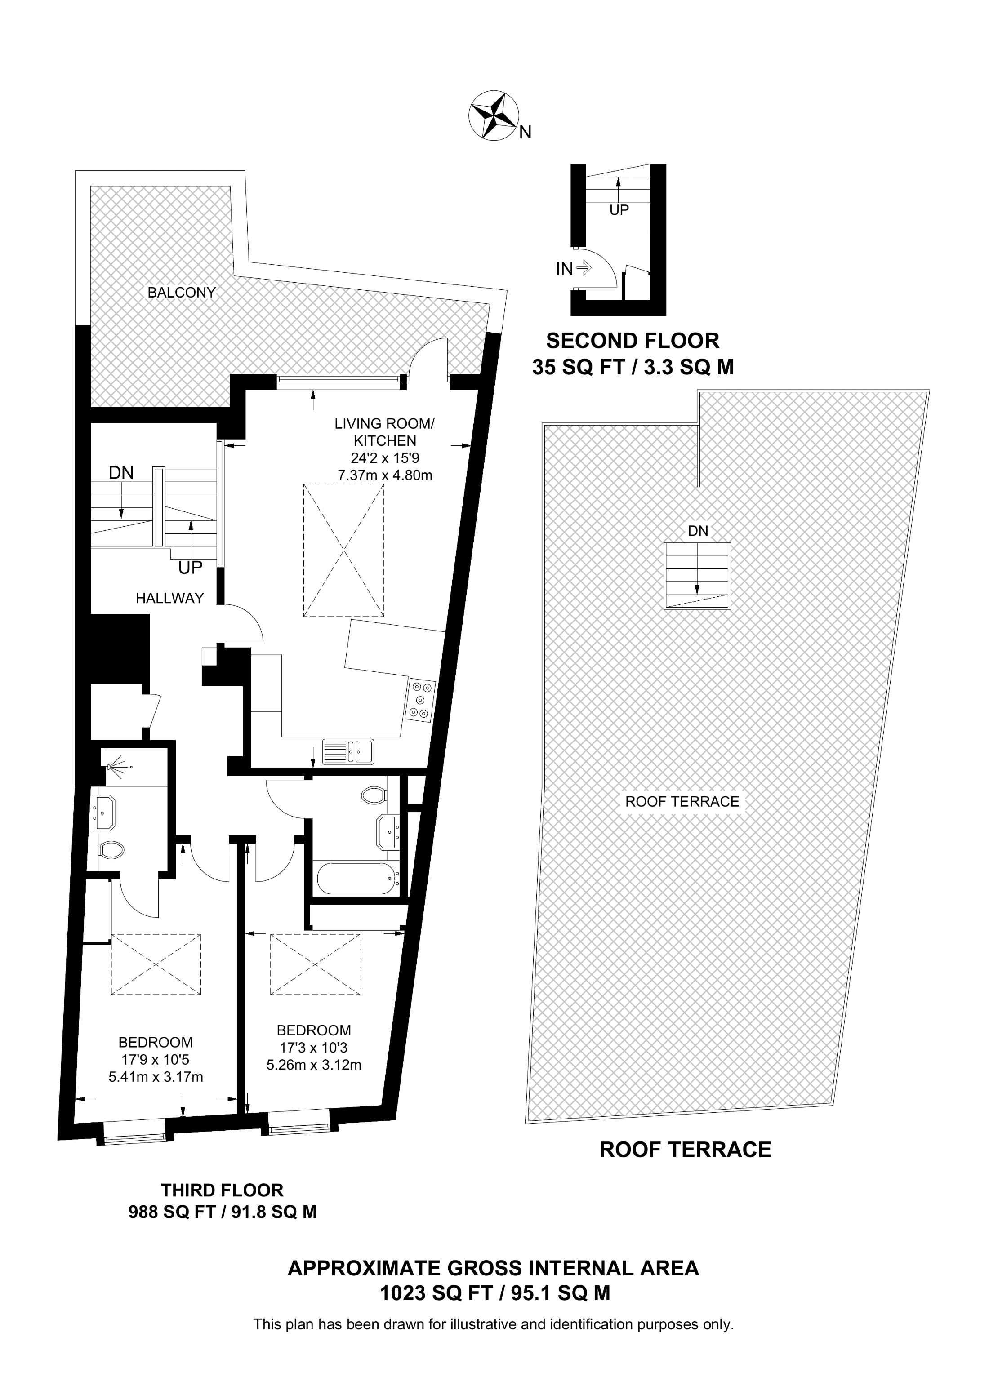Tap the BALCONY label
coord(182,293)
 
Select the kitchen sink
coord(348,751)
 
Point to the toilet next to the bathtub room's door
coord(373,795)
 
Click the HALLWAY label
coord(169,598)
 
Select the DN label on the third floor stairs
coord(121,472)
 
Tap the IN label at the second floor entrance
coord(564,269)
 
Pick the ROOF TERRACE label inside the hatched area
coord(682,801)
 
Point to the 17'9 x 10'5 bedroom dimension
coord(156,1060)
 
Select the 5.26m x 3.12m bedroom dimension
coord(314,1065)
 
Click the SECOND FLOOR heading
coord(633,340)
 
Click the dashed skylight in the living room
coord(344,550)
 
